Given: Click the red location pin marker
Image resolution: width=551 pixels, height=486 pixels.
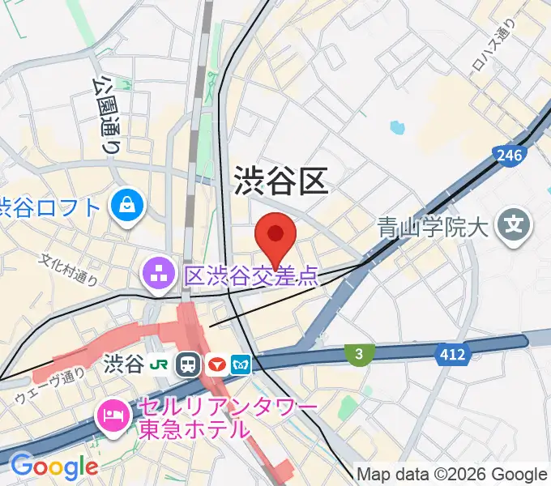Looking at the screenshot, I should tap(275, 236).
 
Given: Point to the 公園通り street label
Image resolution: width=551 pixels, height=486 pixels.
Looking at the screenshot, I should tap(105, 114).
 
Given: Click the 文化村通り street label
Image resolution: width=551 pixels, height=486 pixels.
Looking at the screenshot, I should tap(70, 270).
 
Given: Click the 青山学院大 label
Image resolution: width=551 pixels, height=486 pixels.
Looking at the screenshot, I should tap(434, 228).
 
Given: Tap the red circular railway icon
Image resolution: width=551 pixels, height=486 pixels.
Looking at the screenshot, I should tap(216, 364).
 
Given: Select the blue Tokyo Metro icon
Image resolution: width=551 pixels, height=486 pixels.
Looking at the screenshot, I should tap(241, 364).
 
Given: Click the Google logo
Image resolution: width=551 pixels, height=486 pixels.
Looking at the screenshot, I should tap(53, 467).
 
